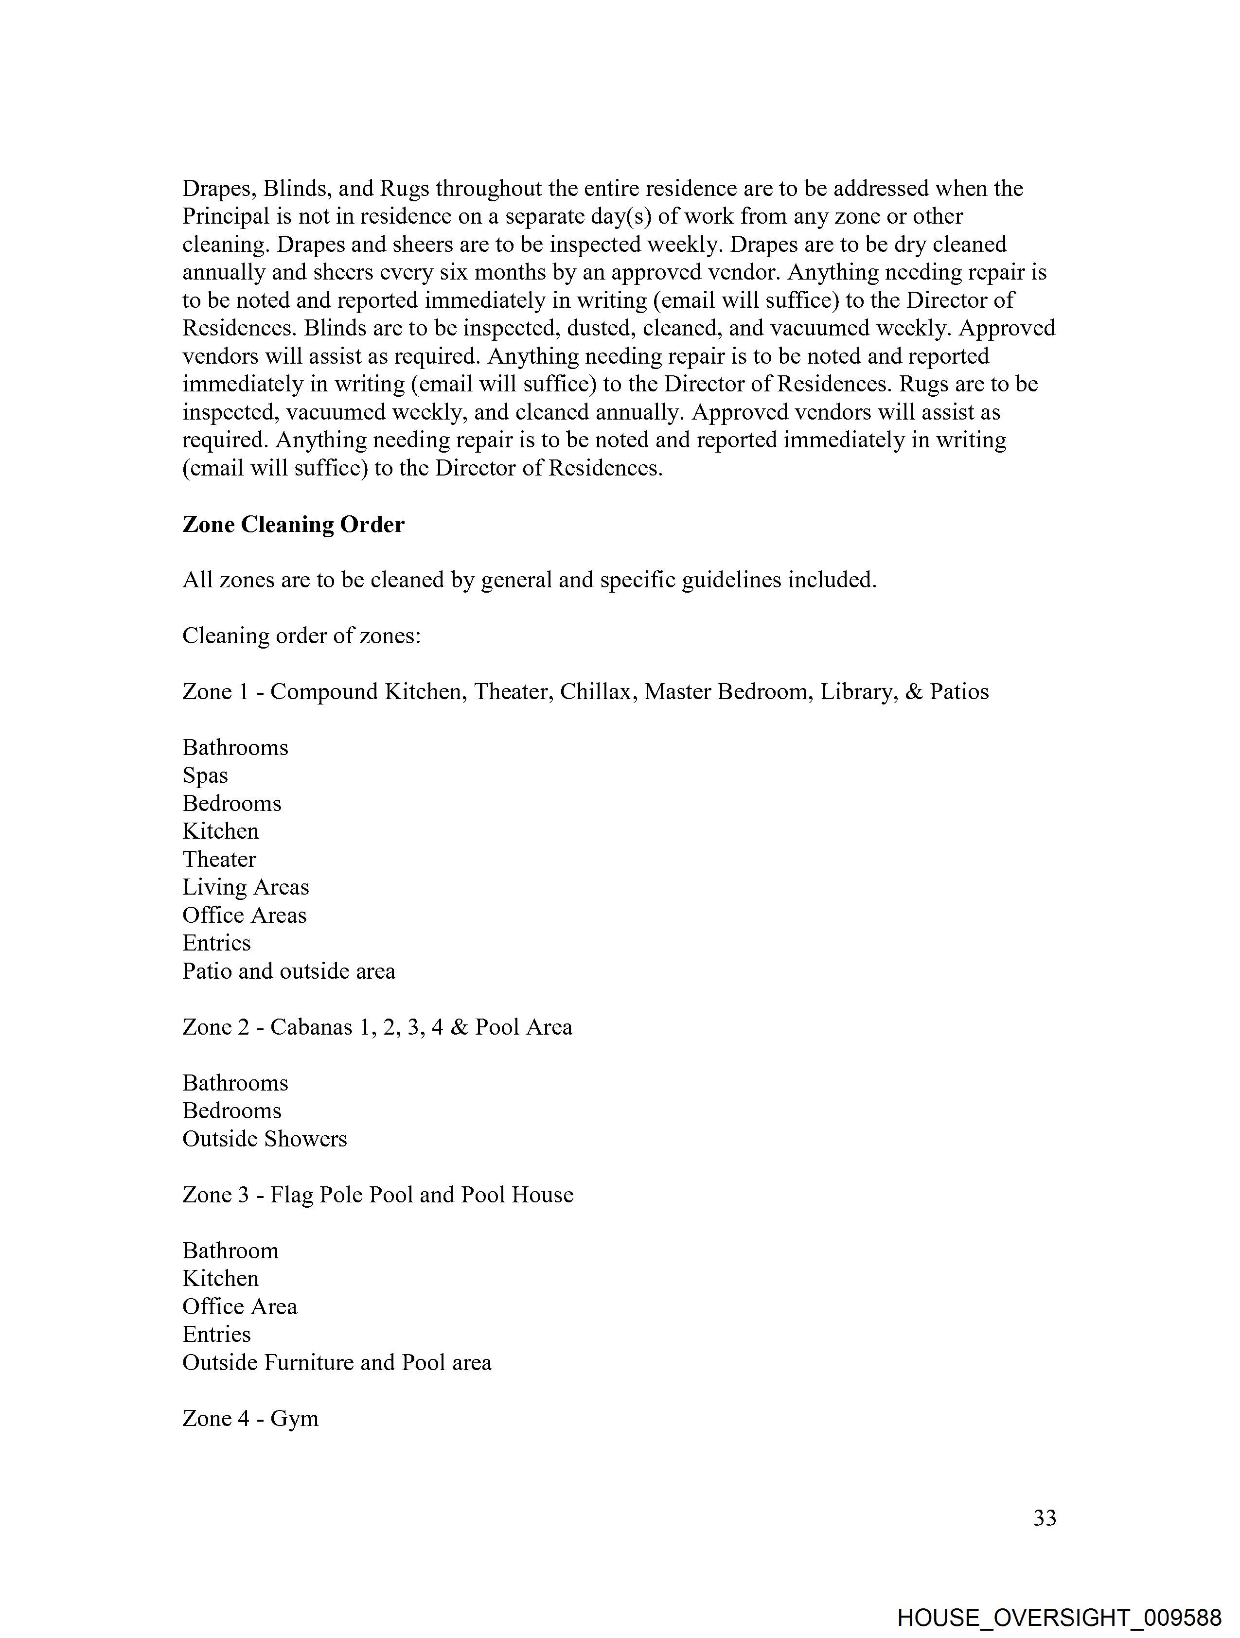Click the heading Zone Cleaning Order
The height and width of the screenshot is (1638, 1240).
point(293,524)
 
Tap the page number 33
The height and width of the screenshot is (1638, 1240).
point(1045,1517)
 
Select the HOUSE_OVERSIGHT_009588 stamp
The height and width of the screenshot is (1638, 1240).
point(1059,1616)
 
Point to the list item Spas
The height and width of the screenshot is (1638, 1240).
point(205,775)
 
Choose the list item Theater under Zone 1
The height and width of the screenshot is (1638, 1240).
point(219,859)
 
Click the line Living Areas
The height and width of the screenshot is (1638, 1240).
point(246,887)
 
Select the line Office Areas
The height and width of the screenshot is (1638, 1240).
point(245,915)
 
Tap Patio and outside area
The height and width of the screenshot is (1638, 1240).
point(289,971)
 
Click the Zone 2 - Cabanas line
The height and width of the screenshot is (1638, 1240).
point(377,1027)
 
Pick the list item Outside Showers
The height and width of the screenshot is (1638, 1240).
point(265,1138)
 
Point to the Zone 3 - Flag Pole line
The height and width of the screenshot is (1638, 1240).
point(378,1195)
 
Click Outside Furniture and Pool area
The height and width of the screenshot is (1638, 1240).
point(337,1362)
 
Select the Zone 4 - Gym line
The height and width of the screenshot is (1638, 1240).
point(250,1418)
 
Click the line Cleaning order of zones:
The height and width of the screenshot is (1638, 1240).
point(301,635)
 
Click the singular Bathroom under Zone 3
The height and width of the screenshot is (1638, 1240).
point(230,1251)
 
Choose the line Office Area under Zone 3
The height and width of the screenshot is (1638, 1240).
point(240,1306)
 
